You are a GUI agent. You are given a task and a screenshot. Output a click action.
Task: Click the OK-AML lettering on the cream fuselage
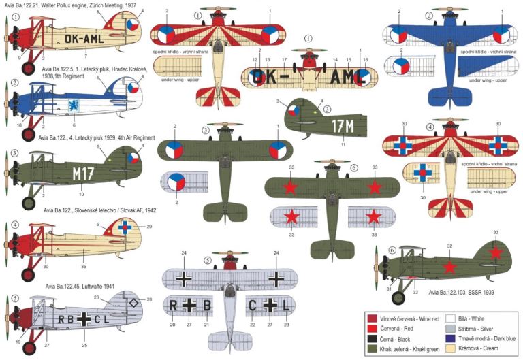(83, 39)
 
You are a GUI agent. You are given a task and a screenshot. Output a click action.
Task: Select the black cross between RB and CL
(84, 318)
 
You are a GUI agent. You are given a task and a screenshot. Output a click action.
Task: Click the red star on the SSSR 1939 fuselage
(449, 266)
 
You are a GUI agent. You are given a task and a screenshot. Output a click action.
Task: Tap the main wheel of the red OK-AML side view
(29, 67)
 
